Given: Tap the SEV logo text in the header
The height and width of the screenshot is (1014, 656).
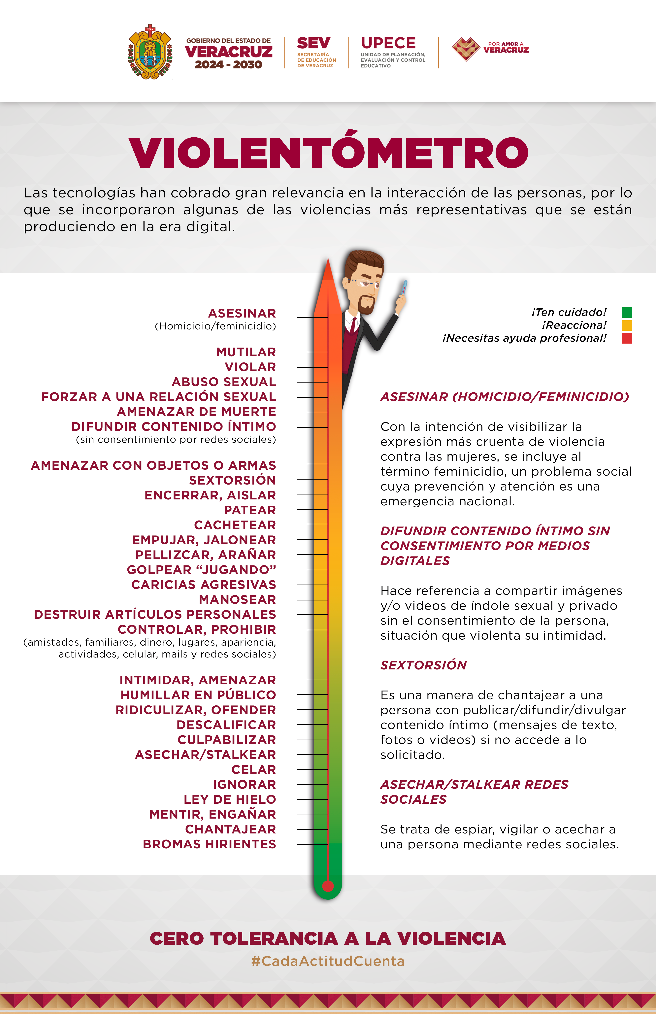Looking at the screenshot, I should tap(313, 43).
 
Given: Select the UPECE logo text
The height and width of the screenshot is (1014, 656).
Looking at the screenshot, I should tap(388, 43).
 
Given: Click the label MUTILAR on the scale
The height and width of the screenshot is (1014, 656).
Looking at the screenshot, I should tap(246, 352).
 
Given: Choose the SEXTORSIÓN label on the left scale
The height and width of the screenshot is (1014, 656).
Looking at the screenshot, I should tap(232, 480).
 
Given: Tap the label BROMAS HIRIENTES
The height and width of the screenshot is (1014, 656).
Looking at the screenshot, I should tap(209, 844).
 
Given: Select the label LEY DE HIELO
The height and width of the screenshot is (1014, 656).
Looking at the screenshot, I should tap(230, 799).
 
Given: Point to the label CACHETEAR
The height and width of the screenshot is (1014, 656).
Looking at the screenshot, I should tap(235, 525).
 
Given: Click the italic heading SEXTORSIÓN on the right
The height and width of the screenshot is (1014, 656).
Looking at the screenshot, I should tap(423, 665).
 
